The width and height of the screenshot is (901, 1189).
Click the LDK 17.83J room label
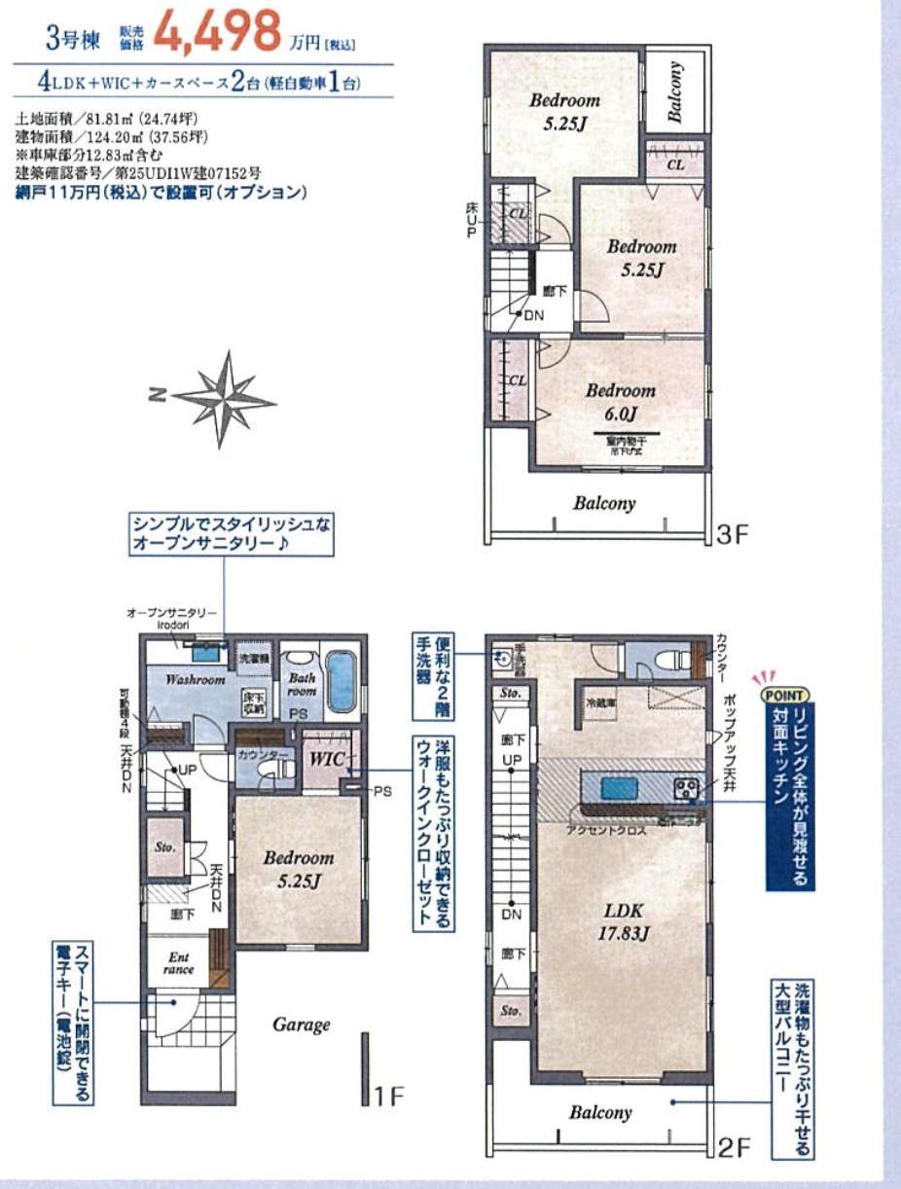pyautogui.click(x=622, y=922)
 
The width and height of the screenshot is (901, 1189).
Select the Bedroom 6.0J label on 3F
pyautogui.click(x=620, y=403)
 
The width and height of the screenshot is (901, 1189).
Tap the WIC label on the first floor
pyautogui.click(x=324, y=757)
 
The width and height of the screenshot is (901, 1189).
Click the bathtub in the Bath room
pyautogui.click(x=342, y=680)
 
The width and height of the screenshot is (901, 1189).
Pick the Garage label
pyautogui.click(x=301, y=1024)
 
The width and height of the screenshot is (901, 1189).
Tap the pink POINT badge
pyautogui.click(x=784, y=695)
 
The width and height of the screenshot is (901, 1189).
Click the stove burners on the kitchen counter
pyautogui.click(x=687, y=786)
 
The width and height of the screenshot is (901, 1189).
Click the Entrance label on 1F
pyautogui.click(x=179, y=963)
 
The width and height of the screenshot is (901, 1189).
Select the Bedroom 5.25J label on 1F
pyautogui.click(x=298, y=869)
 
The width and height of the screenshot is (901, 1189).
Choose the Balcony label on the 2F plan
pyautogui.click(x=600, y=1112)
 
